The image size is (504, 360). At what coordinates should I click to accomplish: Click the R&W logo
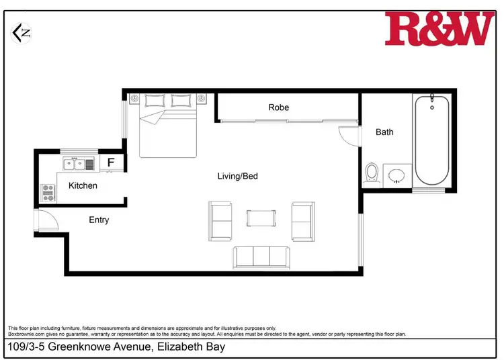[x=438, y=29]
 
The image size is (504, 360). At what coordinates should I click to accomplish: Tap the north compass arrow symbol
[x=23, y=32]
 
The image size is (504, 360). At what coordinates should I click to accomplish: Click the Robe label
[x=278, y=107]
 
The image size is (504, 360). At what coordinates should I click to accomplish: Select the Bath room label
[x=384, y=132]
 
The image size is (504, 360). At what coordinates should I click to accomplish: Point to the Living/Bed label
[x=237, y=177]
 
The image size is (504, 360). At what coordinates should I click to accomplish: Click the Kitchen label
[x=83, y=185]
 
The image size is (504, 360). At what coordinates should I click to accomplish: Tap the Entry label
[x=99, y=220]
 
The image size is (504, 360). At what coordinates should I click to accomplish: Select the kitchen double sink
[x=74, y=163]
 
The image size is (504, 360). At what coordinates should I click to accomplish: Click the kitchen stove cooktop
[x=48, y=193]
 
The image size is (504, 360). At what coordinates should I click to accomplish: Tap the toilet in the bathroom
[x=372, y=174]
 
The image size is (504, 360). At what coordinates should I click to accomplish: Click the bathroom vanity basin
[x=397, y=175]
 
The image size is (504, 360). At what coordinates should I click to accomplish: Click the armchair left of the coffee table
[x=221, y=220]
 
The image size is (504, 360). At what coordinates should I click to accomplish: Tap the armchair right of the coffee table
[x=302, y=220]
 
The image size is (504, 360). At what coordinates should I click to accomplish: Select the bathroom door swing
[x=349, y=134]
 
